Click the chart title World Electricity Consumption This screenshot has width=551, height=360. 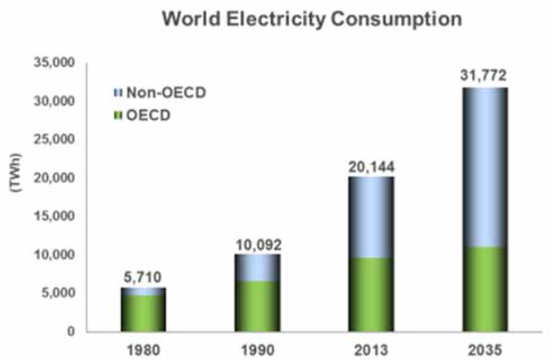[x=311, y=19]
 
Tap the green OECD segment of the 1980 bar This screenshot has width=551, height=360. [x=143, y=313]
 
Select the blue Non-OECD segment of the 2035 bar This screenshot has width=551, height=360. [x=484, y=167]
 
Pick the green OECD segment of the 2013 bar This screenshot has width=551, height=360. [x=371, y=294]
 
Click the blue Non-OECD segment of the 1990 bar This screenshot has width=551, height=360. [x=257, y=268]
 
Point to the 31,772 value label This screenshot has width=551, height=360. [x=484, y=76]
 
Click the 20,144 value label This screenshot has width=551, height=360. [x=371, y=167]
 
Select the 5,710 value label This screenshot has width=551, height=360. [x=143, y=277]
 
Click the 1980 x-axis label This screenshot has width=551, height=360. [x=143, y=350]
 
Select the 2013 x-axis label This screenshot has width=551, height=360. [x=371, y=350]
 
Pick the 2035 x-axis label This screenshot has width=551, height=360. [x=484, y=350]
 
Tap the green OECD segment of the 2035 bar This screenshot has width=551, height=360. [x=484, y=289]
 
